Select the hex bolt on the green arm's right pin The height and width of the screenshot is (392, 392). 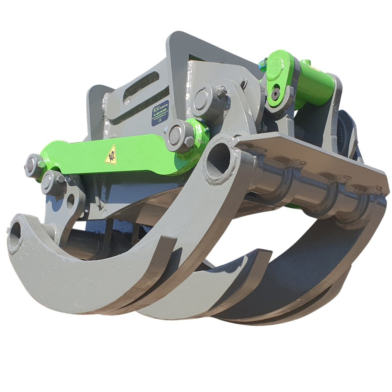(190, 141)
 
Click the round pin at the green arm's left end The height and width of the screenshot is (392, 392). (32, 164)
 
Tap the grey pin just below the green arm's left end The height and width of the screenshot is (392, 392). (48, 182)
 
